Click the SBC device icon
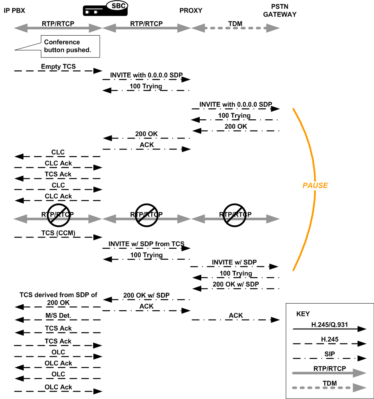(105, 9)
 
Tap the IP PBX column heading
(14, 11)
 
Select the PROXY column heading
(191, 11)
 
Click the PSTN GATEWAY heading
(280, 11)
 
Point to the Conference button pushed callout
(67, 46)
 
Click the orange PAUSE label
(315, 185)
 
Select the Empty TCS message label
(58, 66)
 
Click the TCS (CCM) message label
(58, 233)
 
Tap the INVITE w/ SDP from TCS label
(146, 244)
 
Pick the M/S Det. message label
(58, 316)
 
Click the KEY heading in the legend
(303, 314)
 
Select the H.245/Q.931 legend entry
(329, 325)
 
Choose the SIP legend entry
(329, 354)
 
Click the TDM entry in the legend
(329, 383)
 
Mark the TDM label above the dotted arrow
(235, 23)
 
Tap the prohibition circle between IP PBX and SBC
(59, 215)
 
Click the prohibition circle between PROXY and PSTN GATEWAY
(234, 215)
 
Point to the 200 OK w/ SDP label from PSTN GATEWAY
(236, 284)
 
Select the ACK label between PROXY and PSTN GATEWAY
(236, 316)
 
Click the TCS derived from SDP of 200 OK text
(58, 299)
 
